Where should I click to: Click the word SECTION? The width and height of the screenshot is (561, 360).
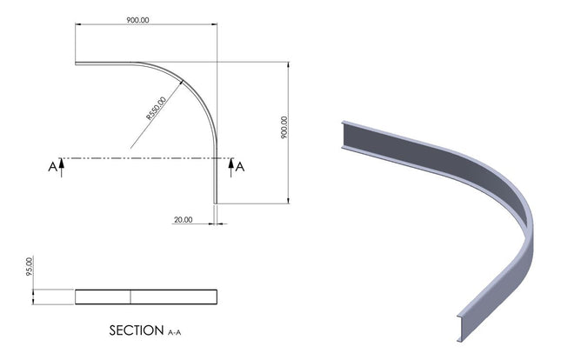[x=136, y=331]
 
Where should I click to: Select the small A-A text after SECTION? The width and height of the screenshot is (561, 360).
[x=174, y=332]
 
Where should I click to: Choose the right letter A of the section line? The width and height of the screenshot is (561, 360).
[x=241, y=167]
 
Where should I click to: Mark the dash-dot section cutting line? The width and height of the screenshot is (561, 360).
[x=139, y=159]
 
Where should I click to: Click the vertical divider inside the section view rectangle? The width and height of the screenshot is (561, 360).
[x=130, y=297]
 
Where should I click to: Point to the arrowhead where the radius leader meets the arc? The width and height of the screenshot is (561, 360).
[x=183, y=83]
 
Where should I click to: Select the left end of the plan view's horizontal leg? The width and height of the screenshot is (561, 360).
[x=77, y=63]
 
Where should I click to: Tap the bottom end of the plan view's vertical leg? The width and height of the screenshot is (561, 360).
[x=215, y=202]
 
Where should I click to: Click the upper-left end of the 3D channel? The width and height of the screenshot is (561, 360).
[x=344, y=135]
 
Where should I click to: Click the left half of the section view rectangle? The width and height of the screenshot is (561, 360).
[x=103, y=297]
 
